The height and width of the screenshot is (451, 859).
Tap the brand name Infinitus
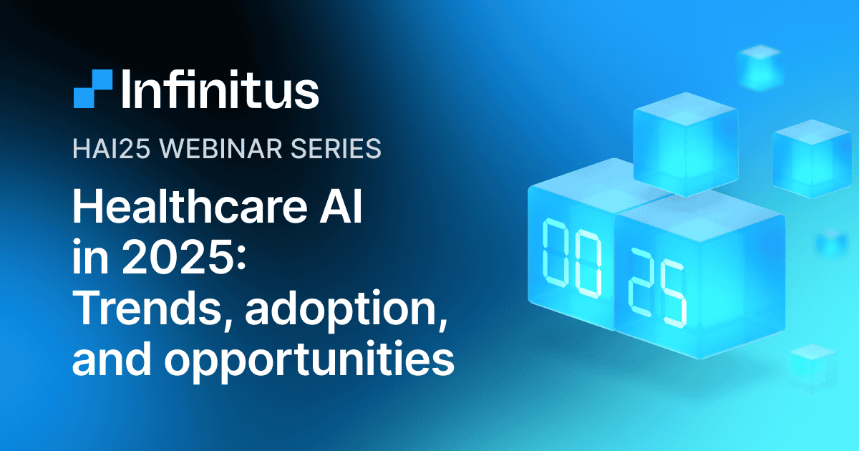tap(220, 89)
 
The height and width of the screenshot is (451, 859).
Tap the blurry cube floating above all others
tap(759, 67)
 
